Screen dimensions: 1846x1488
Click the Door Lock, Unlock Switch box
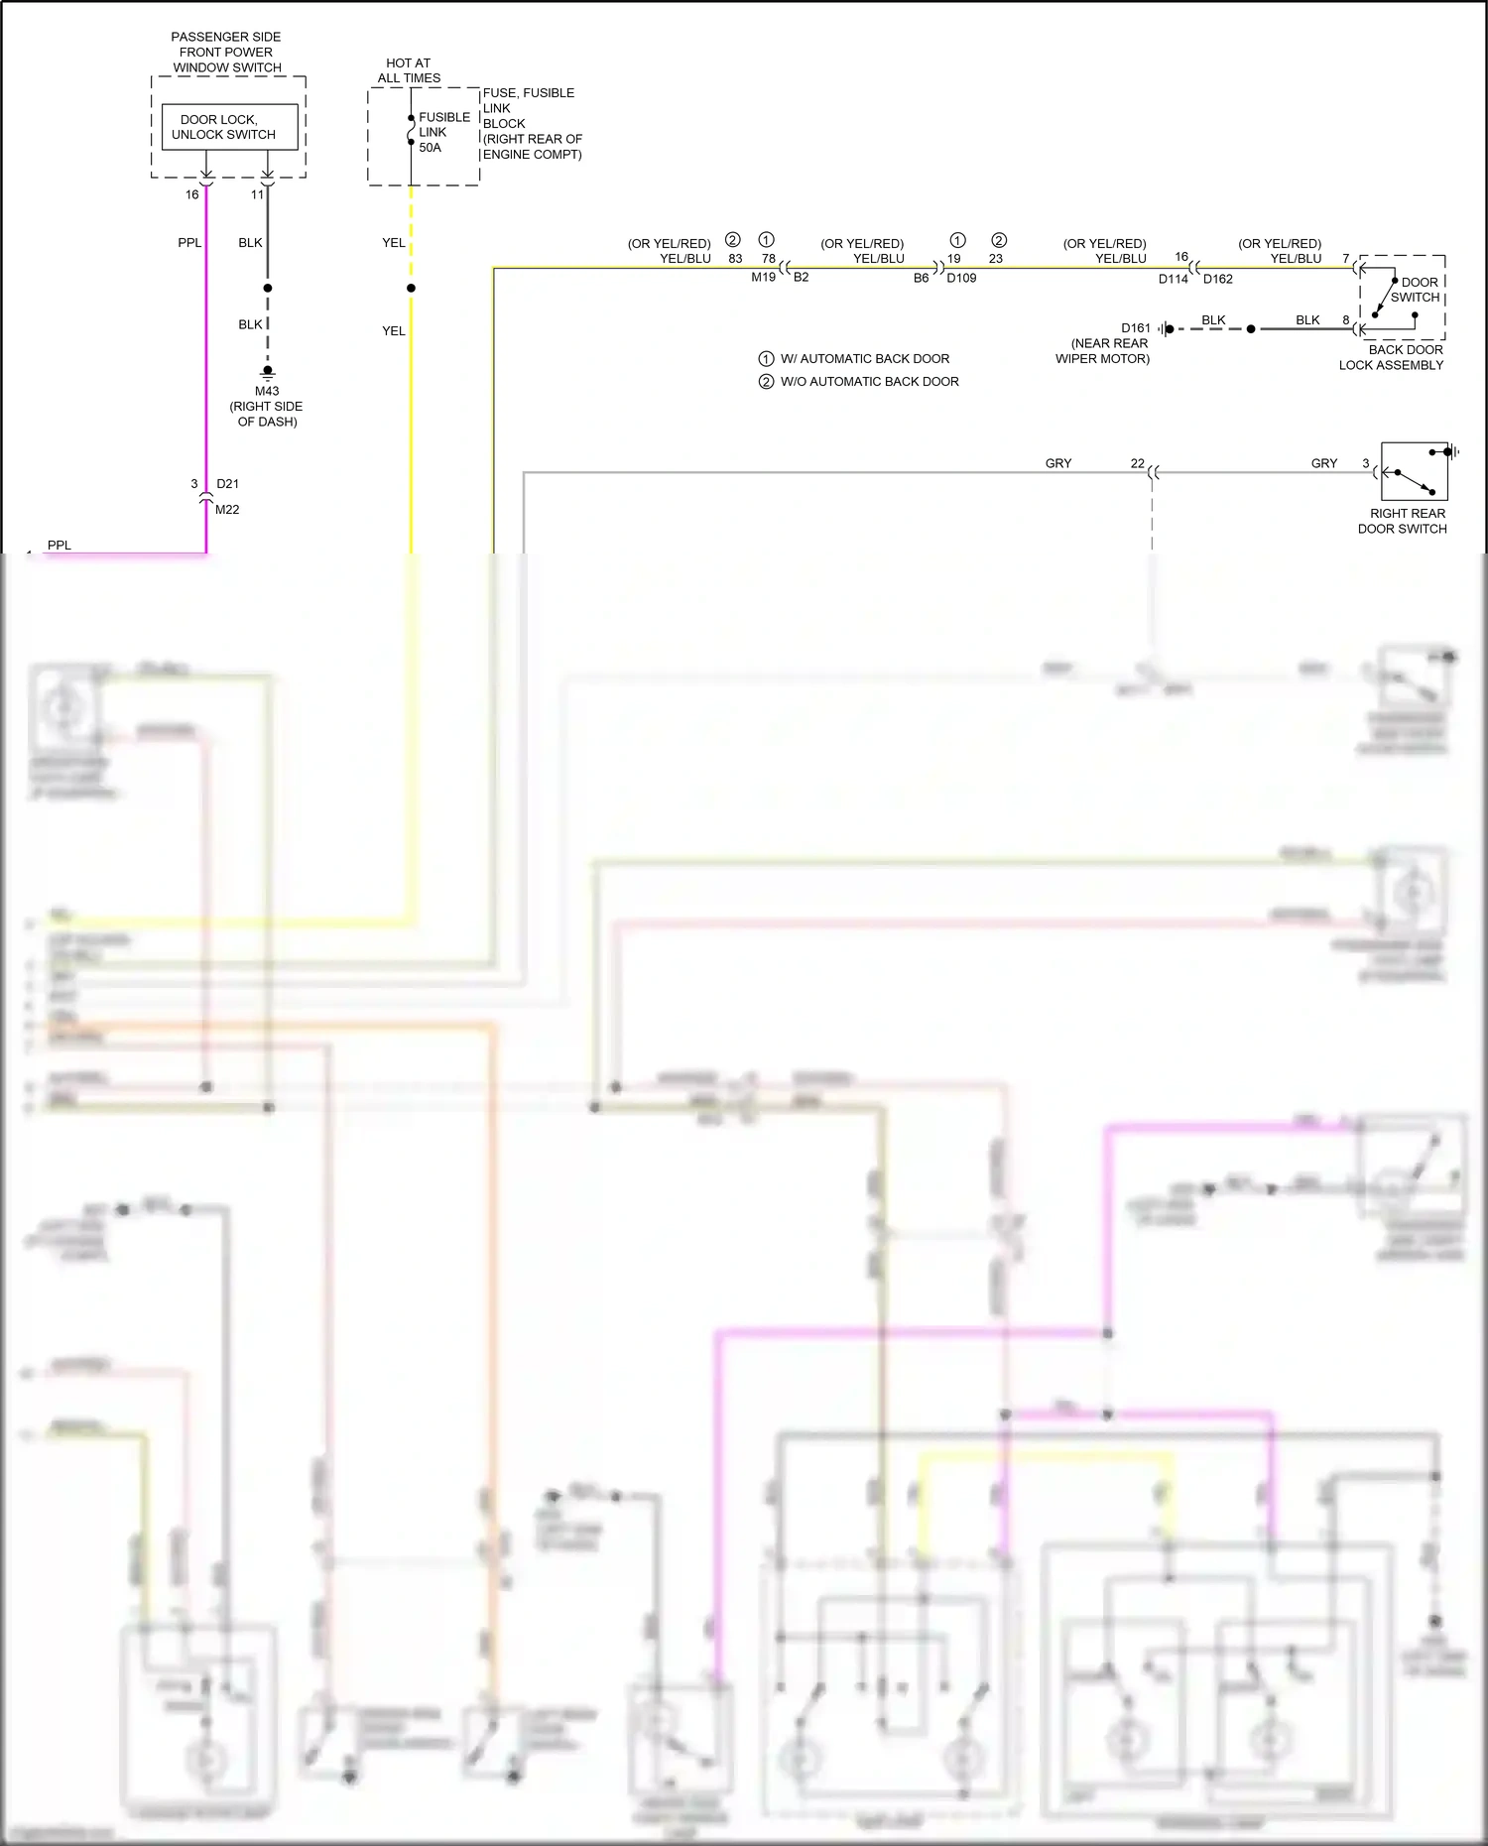tap(229, 127)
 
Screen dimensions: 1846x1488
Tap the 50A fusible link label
tap(431, 133)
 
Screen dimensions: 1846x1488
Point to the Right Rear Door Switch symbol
tap(1414, 472)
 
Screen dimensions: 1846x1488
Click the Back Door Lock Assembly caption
tap(1391, 357)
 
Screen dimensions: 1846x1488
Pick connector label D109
tap(961, 279)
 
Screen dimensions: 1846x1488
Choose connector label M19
tap(763, 278)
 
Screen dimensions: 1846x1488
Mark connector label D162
tap(1217, 279)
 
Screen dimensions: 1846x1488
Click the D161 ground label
tap(1136, 328)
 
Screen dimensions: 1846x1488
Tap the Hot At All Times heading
tap(409, 70)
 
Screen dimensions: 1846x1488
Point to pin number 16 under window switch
tap(192, 195)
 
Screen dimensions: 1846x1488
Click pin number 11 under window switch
tap(257, 195)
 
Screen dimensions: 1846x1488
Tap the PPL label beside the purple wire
tap(189, 243)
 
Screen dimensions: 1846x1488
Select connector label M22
tap(227, 510)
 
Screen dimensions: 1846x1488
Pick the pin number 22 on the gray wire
tap(1137, 464)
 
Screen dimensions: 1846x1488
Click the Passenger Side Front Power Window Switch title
tap(227, 53)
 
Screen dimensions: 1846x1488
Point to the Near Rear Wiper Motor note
tap(1103, 351)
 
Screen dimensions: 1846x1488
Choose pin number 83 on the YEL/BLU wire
tap(735, 259)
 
